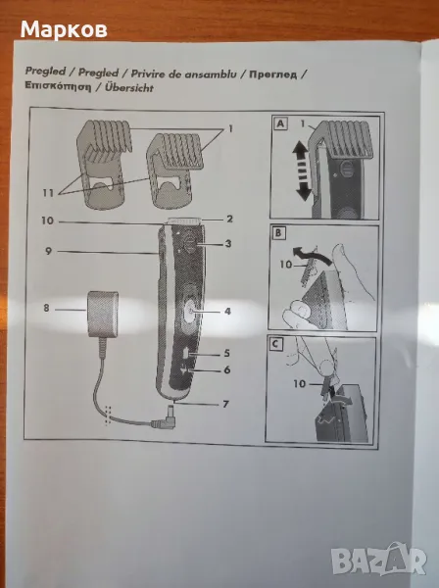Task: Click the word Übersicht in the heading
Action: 129,88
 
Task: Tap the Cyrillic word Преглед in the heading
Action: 273,74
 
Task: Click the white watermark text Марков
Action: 64,30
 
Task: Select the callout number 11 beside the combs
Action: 48,193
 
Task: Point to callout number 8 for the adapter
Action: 46,308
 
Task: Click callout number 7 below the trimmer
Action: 225,404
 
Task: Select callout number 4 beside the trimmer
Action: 227,311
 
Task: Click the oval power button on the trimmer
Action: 190,312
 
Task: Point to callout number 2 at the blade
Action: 229,219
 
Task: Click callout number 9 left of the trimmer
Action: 48,251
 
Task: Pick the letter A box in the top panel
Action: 281,123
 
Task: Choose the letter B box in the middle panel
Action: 278,233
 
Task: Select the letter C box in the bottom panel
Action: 276,344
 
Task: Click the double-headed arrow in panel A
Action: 303,172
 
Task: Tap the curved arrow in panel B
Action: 308,253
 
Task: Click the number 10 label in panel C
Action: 300,383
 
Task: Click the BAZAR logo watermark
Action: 379,558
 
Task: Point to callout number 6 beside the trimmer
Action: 226,369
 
